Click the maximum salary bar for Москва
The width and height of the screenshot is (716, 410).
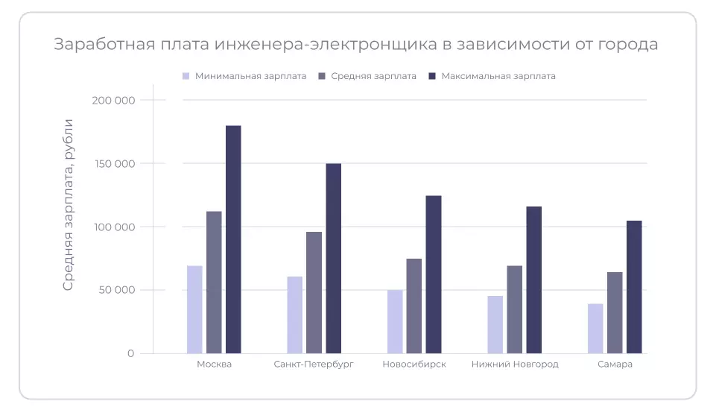pyautogui.click(x=233, y=239)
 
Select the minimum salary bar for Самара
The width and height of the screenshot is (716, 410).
pyautogui.click(x=595, y=328)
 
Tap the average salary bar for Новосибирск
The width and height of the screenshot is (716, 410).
pyautogui.click(x=414, y=306)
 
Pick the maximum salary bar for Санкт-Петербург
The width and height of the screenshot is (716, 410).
pyautogui.click(x=334, y=258)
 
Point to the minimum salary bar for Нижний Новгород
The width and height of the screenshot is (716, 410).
pyautogui.click(x=495, y=324)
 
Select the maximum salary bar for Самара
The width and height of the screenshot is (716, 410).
pyautogui.click(x=634, y=287)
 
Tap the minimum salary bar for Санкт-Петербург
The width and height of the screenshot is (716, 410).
pyautogui.click(x=295, y=315)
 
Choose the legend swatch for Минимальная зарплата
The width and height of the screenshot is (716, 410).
pyautogui.click(x=186, y=76)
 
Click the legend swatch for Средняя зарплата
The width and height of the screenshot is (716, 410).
pyautogui.click(x=322, y=76)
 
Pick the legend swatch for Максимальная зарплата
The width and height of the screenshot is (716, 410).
pyautogui.click(x=432, y=76)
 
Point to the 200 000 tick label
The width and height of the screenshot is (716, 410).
pyautogui.click(x=115, y=100)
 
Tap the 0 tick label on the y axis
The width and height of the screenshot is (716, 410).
pyautogui.click(x=130, y=353)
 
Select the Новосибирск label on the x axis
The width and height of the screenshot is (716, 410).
pyautogui.click(x=414, y=365)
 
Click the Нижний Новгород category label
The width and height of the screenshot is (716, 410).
pyautogui.click(x=515, y=365)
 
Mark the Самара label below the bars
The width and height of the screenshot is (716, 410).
pyautogui.click(x=615, y=365)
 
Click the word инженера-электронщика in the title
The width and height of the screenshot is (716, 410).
pyautogui.click(x=325, y=45)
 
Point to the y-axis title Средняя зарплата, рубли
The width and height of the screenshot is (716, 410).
pyautogui.click(x=68, y=204)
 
